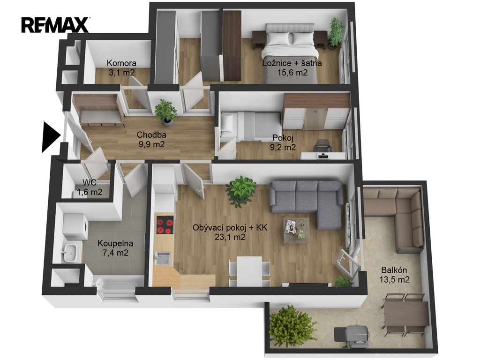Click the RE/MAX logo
click(55, 25)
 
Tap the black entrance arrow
click(51, 136)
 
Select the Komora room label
click(121, 63)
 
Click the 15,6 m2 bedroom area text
click(292, 73)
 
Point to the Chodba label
click(151, 135)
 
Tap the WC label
click(90, 182)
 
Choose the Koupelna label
click(115, 243)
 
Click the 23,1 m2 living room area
click(230, 237)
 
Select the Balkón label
click(394, 270)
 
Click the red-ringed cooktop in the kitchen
click(165, 225)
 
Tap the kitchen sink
click(163, 258)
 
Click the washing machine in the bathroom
click(75, 226)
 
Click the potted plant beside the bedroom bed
click(336, 33)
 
